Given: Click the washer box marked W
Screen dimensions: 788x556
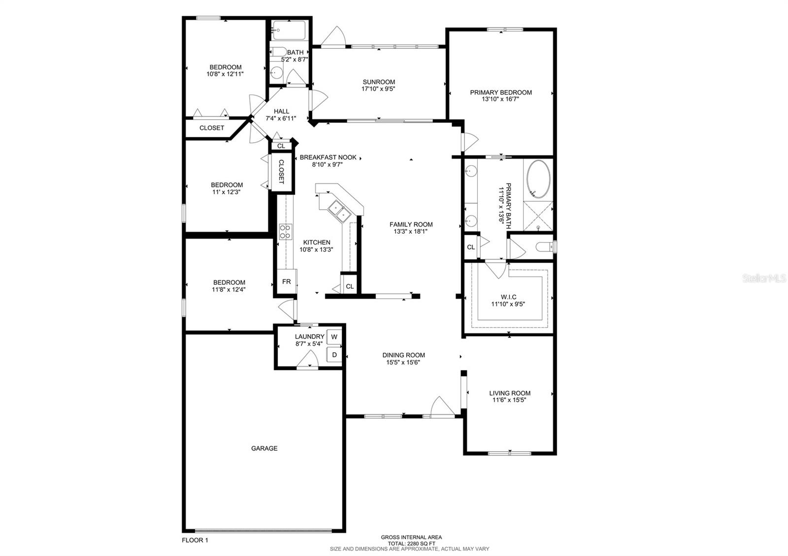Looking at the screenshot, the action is tap(334, 337).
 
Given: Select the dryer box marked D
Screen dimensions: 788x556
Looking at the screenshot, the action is tap(334, 355).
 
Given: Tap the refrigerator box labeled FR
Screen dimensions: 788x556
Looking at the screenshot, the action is tap(286, 281).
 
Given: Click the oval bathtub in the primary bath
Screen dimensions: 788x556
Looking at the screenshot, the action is tap(538, 179).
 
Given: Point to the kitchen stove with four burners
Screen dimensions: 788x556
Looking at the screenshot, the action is tap(285, 232).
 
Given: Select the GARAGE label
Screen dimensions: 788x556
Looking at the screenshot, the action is tap(264, 448).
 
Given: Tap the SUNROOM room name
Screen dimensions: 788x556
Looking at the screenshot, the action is tap(379, 82).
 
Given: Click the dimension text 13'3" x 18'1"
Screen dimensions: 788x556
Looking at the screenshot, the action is tap(411, 231).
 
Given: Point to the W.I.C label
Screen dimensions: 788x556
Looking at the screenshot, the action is tap(508, 297).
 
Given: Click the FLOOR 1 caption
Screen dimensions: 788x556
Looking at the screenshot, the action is tap(195, 540).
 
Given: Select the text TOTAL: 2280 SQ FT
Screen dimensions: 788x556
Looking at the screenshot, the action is tap(411, 543).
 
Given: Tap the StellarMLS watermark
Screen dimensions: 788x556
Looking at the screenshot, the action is tap(764, 278).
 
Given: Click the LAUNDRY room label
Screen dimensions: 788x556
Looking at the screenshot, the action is tap(310, 337).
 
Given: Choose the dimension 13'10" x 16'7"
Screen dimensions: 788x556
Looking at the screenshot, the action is tap(500, 99).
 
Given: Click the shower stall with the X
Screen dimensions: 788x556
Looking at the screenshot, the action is tap(538, 216).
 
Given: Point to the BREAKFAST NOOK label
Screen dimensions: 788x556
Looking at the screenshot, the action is tap(328, 157).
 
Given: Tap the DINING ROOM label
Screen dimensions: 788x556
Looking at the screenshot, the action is tap(403, 355).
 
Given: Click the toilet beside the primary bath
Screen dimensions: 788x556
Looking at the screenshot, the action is tap(545, 247).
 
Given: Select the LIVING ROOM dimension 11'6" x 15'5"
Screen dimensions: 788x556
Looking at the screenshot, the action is tap(509, 400).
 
